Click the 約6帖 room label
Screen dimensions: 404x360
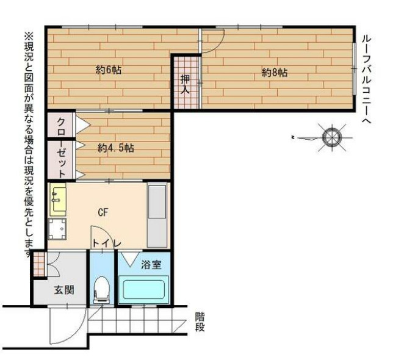(x=109, y=70)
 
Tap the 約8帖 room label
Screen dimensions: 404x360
(x=275, y=73)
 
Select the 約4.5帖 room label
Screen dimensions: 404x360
(x=116, y=148)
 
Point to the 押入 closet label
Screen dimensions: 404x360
(x=185, y=84)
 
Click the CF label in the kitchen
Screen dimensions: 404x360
(x=103, y=212)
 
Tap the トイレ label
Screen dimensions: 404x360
(x=106, y=243)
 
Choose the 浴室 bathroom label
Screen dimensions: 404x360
(x=151, y=265)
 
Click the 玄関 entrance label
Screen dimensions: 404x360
(x=64, y=290)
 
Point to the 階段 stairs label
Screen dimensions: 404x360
(x=200, y=322)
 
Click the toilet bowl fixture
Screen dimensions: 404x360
(x=103, y=289)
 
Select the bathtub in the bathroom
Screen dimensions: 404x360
(x=143, y=289)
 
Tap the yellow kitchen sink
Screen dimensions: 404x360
(x=58, y=200)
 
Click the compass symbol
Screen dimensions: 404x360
(x=332, y=137)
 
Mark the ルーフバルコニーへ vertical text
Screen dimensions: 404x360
(x=366, y=79)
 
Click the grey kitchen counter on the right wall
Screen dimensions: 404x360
(x=157, y=215)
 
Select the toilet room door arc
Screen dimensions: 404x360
(x=103, y=235)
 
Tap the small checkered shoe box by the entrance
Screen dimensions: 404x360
(x=39, y=264)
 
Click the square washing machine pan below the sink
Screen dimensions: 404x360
(x=57, y=229)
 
